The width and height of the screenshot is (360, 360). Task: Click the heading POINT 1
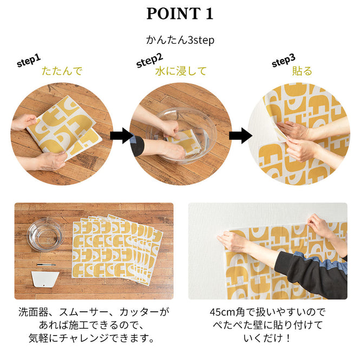pos(180,14)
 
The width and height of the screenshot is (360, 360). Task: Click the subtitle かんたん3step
pos(180,41)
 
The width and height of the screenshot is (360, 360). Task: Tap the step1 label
pos(29,61)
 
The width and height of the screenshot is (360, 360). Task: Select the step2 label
pos(149,60)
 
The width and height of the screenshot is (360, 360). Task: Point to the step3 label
pos(283,61)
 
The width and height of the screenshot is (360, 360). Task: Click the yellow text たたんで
pos(62,71)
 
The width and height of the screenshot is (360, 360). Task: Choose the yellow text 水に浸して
pos(180,71)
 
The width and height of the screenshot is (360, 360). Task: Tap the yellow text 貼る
pos(302,71)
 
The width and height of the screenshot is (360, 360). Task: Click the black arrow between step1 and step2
pos(121,135)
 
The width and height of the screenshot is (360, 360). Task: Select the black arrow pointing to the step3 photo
pos(240,135)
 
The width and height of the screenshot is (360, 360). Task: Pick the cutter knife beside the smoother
pos(46,265)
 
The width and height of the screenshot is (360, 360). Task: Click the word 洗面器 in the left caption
pos(33,312)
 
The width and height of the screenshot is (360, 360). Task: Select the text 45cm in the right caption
pos(221,312)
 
